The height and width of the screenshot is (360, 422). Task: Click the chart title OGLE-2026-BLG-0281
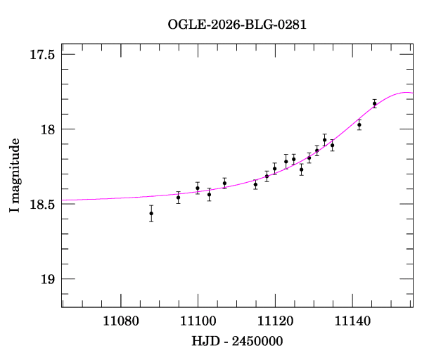237,25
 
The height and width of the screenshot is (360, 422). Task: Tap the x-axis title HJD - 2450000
238,340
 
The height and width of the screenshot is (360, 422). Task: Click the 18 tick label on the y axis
48,129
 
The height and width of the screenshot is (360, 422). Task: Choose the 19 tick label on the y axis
48,280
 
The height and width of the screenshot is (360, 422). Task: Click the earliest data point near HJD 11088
151,213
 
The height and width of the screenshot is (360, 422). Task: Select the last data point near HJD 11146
375,103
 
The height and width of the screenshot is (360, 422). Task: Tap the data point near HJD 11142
359,124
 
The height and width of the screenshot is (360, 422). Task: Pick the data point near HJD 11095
179,198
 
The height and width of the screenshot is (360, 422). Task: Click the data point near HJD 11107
224,183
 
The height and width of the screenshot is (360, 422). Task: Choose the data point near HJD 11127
301,169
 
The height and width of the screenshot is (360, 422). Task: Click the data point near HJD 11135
332,146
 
